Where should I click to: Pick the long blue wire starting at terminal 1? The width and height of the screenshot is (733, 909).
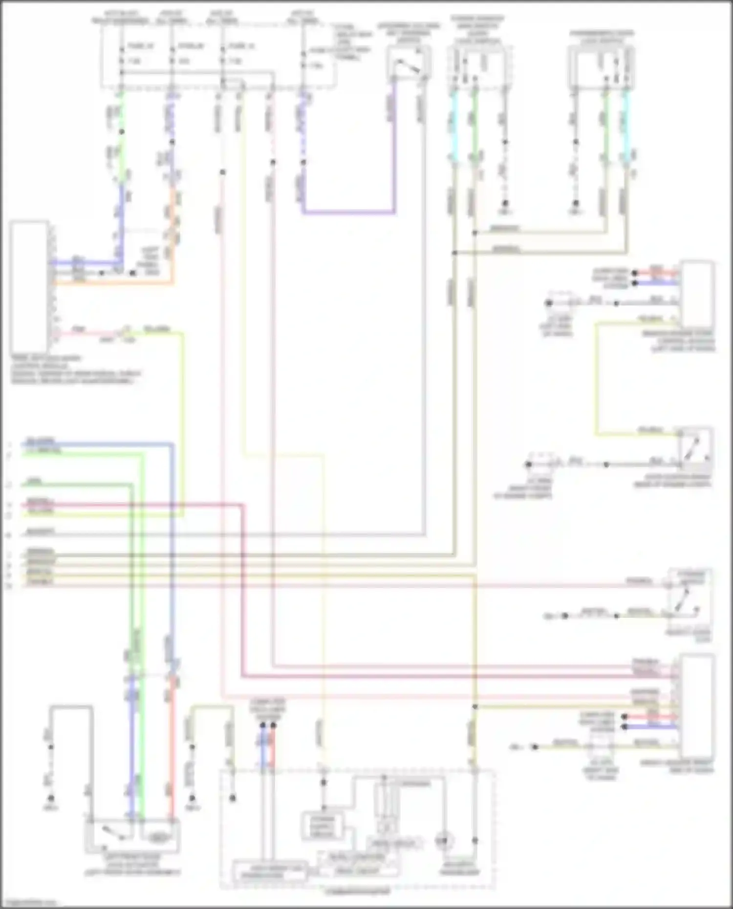point(98,444)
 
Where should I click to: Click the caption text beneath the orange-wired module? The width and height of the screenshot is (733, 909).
point(73,369)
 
